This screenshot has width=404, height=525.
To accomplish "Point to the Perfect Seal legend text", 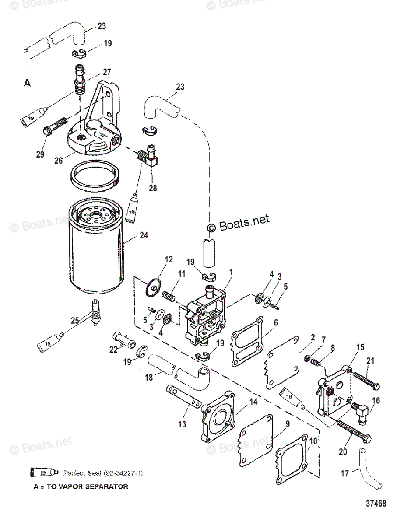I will click(x=103, y=473).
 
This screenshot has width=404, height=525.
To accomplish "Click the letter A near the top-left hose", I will click(x=27, y=84).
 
